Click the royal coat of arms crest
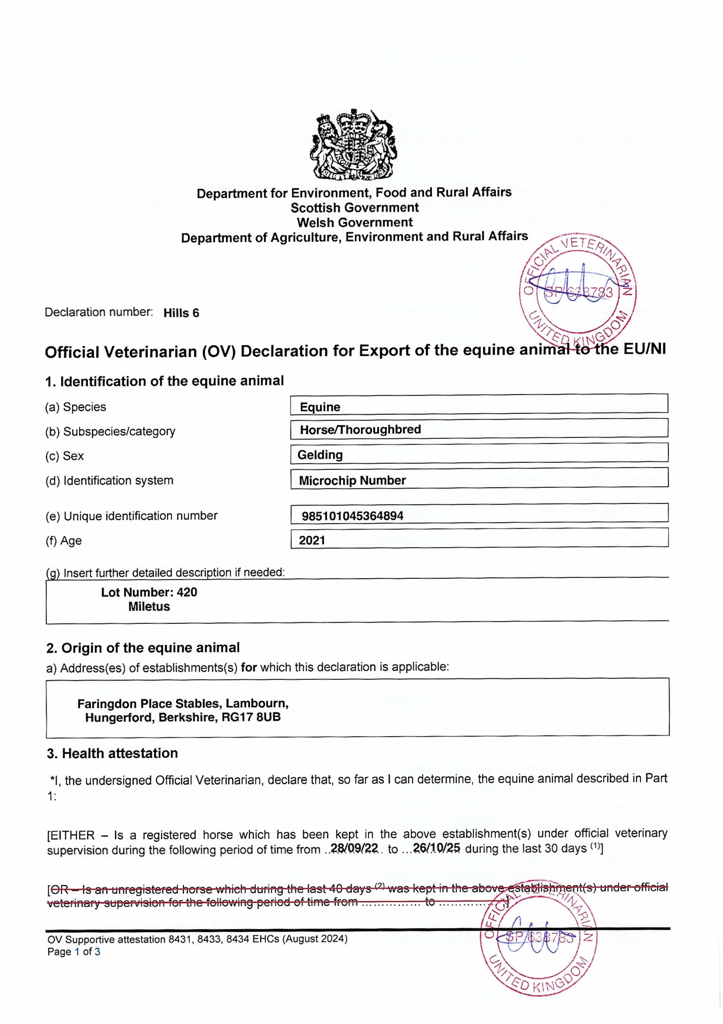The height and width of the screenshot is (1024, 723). click(353, 144)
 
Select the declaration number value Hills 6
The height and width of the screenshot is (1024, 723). click(181, 313)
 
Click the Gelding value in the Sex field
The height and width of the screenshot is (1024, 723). click(320, 455)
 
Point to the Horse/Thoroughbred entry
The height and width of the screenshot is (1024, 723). click(360, 429)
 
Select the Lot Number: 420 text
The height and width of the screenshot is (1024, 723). click(149, 592)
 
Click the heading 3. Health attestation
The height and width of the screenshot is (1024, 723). click(112, 753)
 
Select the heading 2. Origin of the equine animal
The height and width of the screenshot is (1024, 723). click(143, 648)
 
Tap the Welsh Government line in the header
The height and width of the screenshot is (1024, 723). click(355, 222)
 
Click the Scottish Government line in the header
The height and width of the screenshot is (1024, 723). click(355, 207)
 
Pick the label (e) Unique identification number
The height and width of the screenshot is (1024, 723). click(132, 516)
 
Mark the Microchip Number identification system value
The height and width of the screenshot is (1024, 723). click(352, 480)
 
